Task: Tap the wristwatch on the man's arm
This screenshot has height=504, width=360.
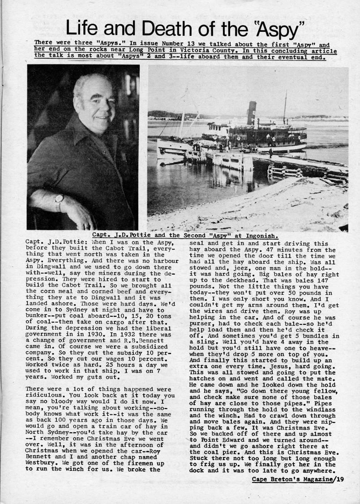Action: pyautogui.click(x=59, y=202)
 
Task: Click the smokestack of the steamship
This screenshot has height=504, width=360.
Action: pyautogui.click(x=252, y=113)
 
